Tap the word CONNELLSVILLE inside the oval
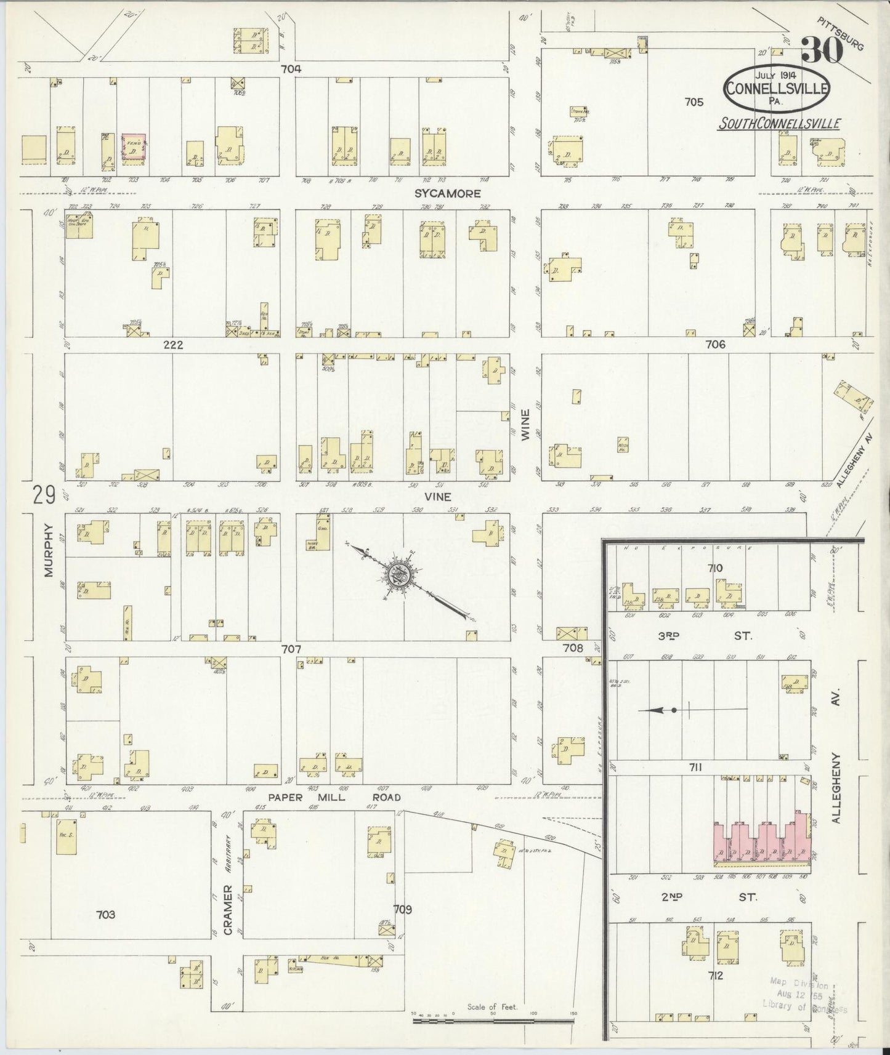pyautogui.click(x=777, y=87)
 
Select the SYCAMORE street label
pyautogui.click(x=447, y=193)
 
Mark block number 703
pyautogui.click(x=106, y=915)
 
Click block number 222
pyautogui.click(x=173, y=345)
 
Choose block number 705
pyautogui.click(x=693, y=102)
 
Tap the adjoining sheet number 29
pyautogui.click(x=44, y=495)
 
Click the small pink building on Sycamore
pyautogui.click(x=134, y=148)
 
